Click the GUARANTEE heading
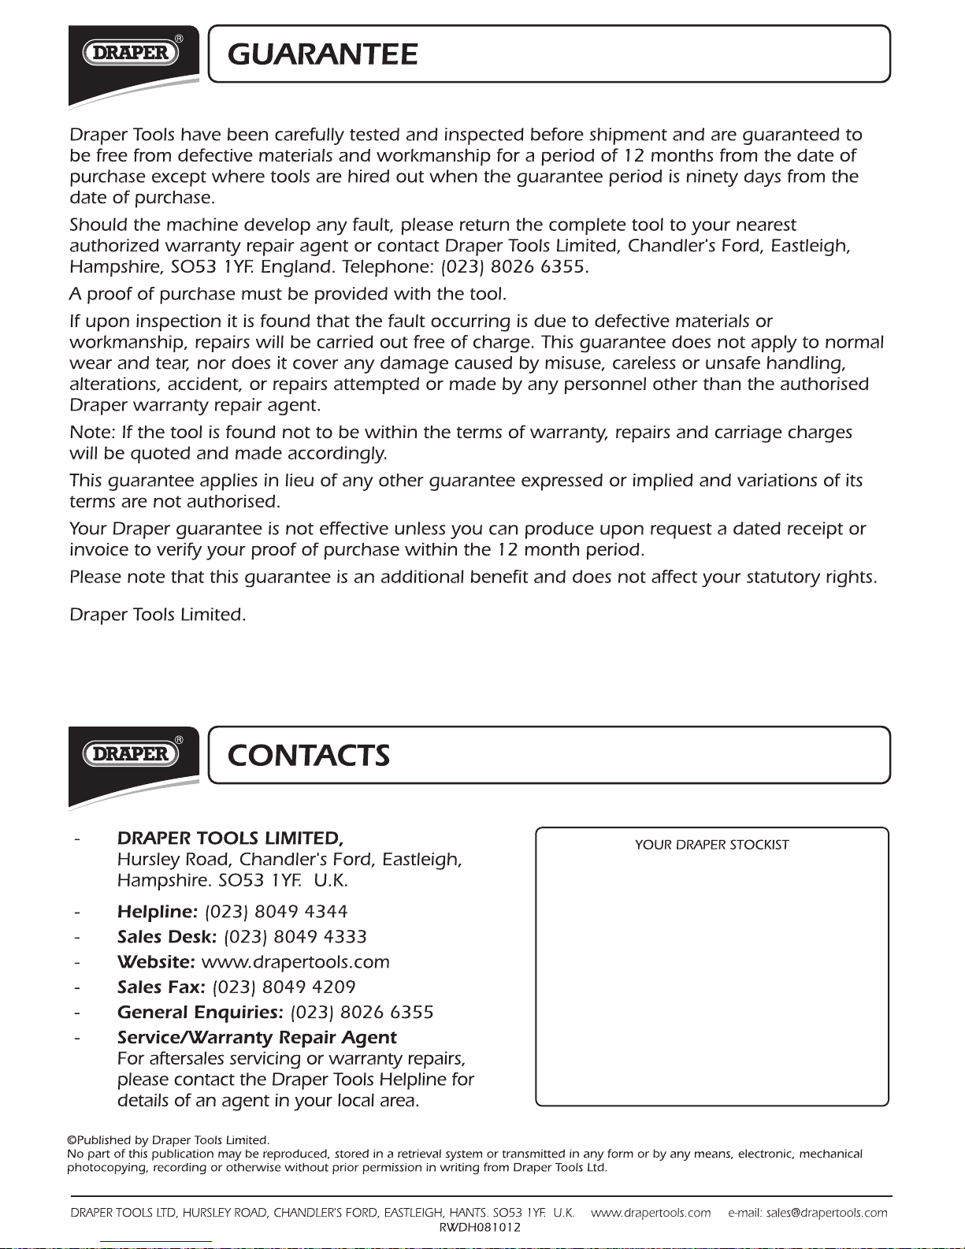coord(322,54)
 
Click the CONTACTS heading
coord(308,755)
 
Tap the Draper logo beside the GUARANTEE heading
coord(132,53)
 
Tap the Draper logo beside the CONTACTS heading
coord(132,753)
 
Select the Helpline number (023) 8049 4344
coord(276,912)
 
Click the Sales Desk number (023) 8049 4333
coord(295,937)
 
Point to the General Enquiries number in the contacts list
coord(362,1013)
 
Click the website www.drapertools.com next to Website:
coord(295,962)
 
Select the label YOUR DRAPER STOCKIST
coord(711,845)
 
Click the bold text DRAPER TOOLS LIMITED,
coord(230,838)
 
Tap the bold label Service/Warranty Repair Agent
coord(257,1038)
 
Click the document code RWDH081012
coord(480,1227)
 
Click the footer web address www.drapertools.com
coord(651,1213)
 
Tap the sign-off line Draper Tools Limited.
coord(158,615)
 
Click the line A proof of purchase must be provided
coord(288,295)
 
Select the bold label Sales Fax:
coord(161,987)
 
